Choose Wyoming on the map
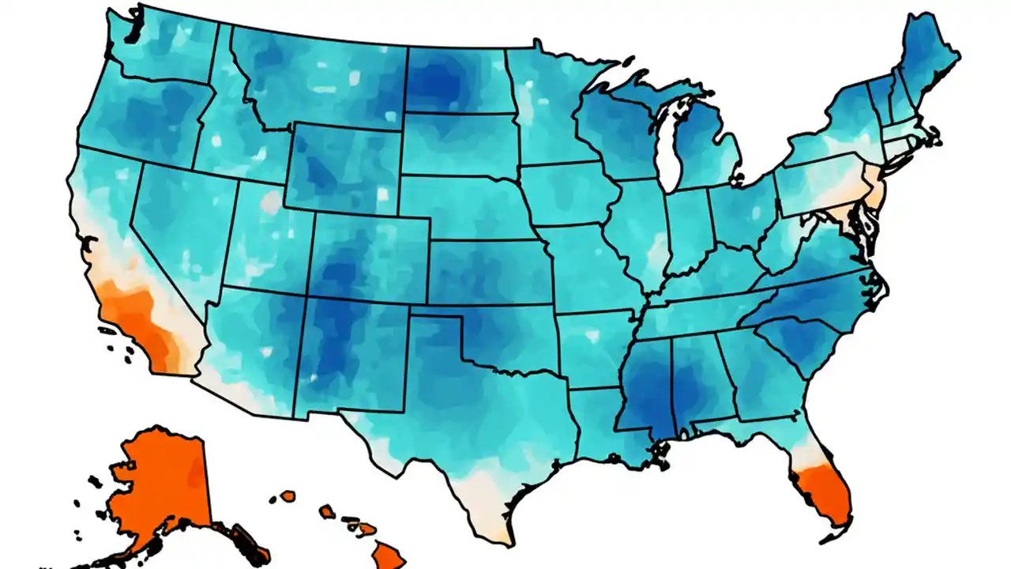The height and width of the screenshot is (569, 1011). coord(344,166)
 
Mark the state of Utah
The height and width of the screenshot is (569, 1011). coord(272,237)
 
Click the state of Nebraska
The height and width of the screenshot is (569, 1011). coord(466,205)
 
